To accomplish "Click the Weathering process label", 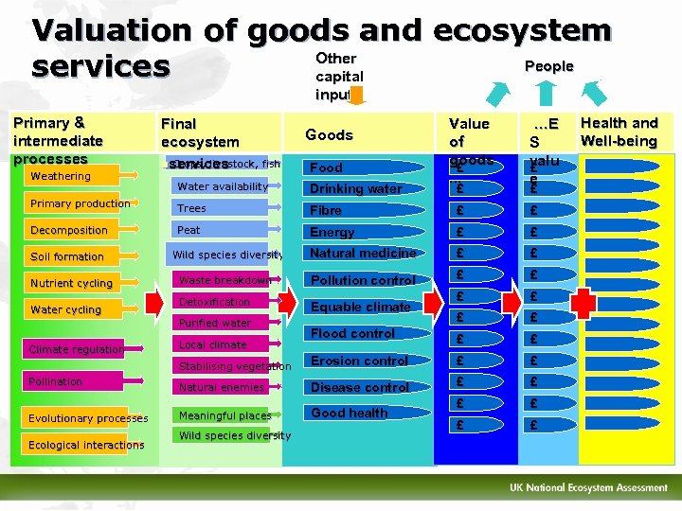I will pos(61,176).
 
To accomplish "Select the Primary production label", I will pos(80,203).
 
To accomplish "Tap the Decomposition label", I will pos(68,230).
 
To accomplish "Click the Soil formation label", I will pos(66,256).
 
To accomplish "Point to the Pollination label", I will pos(55,381).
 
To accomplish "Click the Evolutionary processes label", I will pos(87,418).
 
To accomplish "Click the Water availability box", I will pos(223,187).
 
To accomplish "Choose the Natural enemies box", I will pos(221,387).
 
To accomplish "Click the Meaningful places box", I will pos(224,415).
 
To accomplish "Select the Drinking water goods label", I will pos(356,189).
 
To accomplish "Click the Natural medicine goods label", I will pos(363,253).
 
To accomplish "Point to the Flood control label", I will pos(352,333).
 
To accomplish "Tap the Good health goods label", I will pos(349,413).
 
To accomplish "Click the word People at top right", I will pos(549,66).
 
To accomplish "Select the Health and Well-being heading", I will pos(619,132).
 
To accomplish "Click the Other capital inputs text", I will pos(338,76).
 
